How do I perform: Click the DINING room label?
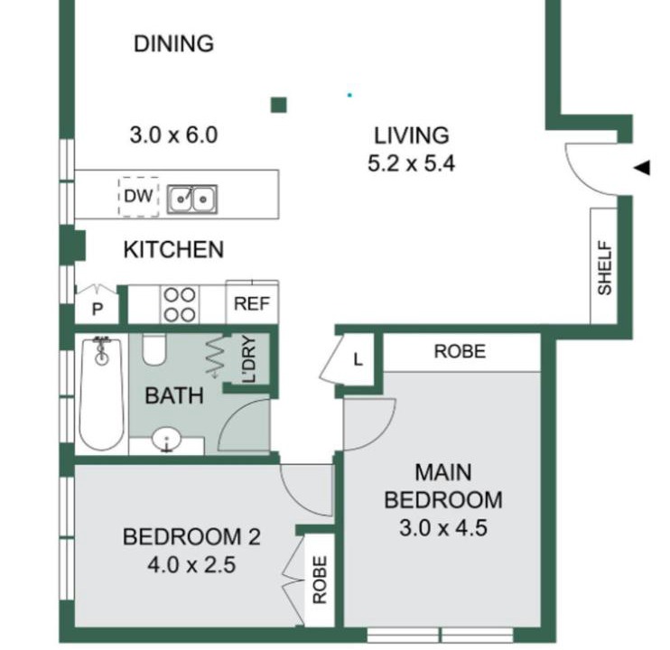click(x=173, y=43)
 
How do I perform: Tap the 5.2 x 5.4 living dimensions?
click(x=411, y=163)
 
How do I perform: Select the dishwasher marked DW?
click(x=138, y=197)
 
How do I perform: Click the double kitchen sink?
click(x=191, y=199)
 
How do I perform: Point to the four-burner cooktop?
click(x=180, y=304)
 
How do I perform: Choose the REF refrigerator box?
click(x=252, y=302)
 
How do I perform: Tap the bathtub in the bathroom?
click(x=102, y=393)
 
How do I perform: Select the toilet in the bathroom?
click(x=154, y=349)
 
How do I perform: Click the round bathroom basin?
click(x=167, y=440)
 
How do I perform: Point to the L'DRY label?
click(x=248, y=359)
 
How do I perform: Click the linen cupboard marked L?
click(x=358, y=359)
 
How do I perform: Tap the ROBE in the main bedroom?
click(x=461, y=352)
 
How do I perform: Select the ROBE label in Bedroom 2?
click(x=320, y=580)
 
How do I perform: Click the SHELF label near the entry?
click(x=605, y=268)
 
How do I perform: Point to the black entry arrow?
click(x=642, y=167)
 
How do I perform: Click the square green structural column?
click(x=279, y=105)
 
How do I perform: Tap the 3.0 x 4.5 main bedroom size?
click(x=443, y=528)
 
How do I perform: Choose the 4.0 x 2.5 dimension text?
click(x=191, y=564)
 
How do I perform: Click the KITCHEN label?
click(x=173, y=250)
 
